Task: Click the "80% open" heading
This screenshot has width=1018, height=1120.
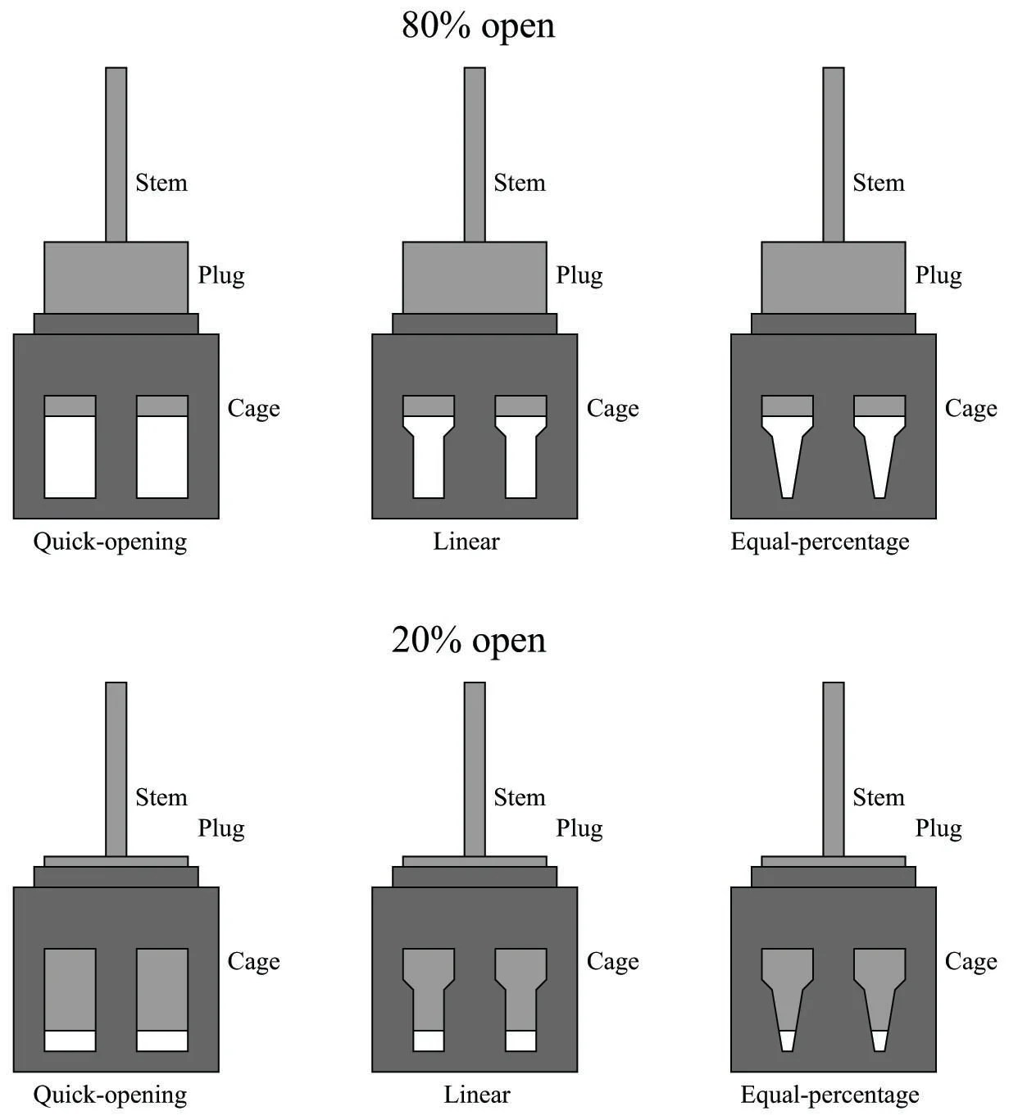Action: pyautogui.click(x=478, y=25)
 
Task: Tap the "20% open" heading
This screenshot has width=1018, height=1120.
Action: pyautogui.click(x=468, y=640)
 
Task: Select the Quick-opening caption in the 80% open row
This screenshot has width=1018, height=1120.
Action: pyautogui.click(x=110, y=542)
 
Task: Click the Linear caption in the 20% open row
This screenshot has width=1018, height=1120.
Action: pyautogui.click(x=477, y=1095)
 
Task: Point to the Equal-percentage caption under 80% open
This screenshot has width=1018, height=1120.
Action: pyautogui.click(x=820, y=542)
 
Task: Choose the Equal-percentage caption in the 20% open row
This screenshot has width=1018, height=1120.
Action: pyautogui.click(x=829, y=1095)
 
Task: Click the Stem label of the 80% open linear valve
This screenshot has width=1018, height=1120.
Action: pyautogui.click(x=519, y=183)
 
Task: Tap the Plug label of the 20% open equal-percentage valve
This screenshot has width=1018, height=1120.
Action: pyautogui.click(x=938, y=828)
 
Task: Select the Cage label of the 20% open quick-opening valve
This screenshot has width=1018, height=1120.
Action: pyautogui.click(x=253, y=961)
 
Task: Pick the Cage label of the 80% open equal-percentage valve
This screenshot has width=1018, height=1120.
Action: pyautogui.click(x=970, y=408)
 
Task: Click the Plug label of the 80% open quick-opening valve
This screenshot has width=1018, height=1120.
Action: pyautogui.click(x=221, y=275)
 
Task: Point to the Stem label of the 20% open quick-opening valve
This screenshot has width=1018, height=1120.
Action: pyautogui.click(x=161, y=797)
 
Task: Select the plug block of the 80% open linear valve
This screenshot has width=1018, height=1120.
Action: pyautogui.click(x=475, y=277)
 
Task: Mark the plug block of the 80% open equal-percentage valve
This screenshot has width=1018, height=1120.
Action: pyautogui.click(x=833, y=277)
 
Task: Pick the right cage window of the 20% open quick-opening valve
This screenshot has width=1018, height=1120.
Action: pyautogui.click(x=162, y=1000)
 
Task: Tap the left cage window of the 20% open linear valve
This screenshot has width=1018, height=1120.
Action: pyautogui.click(x=429, y=1000)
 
